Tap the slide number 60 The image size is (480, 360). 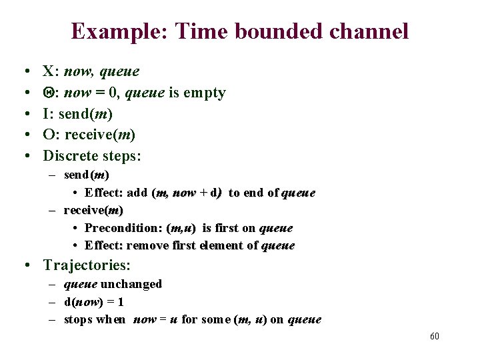pos(434,336)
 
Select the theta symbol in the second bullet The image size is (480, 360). pos(48,93)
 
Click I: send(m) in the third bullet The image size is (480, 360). pos(82,114)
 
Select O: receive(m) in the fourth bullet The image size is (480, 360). pos(89,135)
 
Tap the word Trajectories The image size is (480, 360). pos(87,265)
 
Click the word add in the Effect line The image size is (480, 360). pos(137,193)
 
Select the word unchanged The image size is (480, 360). pos(131,284)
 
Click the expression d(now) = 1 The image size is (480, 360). pos(94,302)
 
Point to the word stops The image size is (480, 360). pos(78,319)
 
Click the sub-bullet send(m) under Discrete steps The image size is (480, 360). pos(87,175)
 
